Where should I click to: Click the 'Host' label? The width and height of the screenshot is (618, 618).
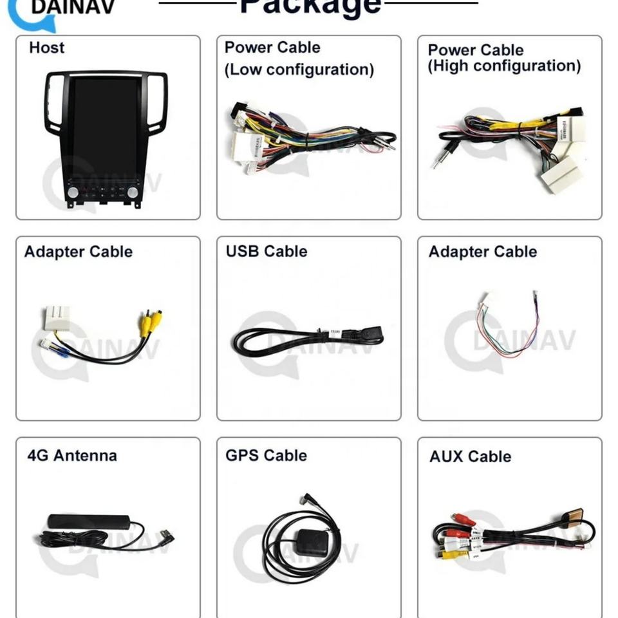(x=46, y=48)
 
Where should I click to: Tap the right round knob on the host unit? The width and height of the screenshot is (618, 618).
(x=133, y=191)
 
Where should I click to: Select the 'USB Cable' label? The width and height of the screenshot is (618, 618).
(x=266, y=251)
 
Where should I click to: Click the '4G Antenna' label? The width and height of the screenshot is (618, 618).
(x=72, y=456)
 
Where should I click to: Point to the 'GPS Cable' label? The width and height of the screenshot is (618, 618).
(x=266, y=456)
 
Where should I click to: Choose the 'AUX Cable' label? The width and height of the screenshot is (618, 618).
(x=470, y=456)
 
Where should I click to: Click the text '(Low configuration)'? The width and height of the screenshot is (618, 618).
(x=299, y=70)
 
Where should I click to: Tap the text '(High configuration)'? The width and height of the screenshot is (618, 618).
(x=504, y=66)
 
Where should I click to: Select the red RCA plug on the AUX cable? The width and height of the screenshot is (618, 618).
(x=462, y=519)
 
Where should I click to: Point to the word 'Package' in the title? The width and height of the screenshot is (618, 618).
(x=310, y=6)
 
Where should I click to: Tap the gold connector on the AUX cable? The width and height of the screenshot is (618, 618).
(x=574, y=516)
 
